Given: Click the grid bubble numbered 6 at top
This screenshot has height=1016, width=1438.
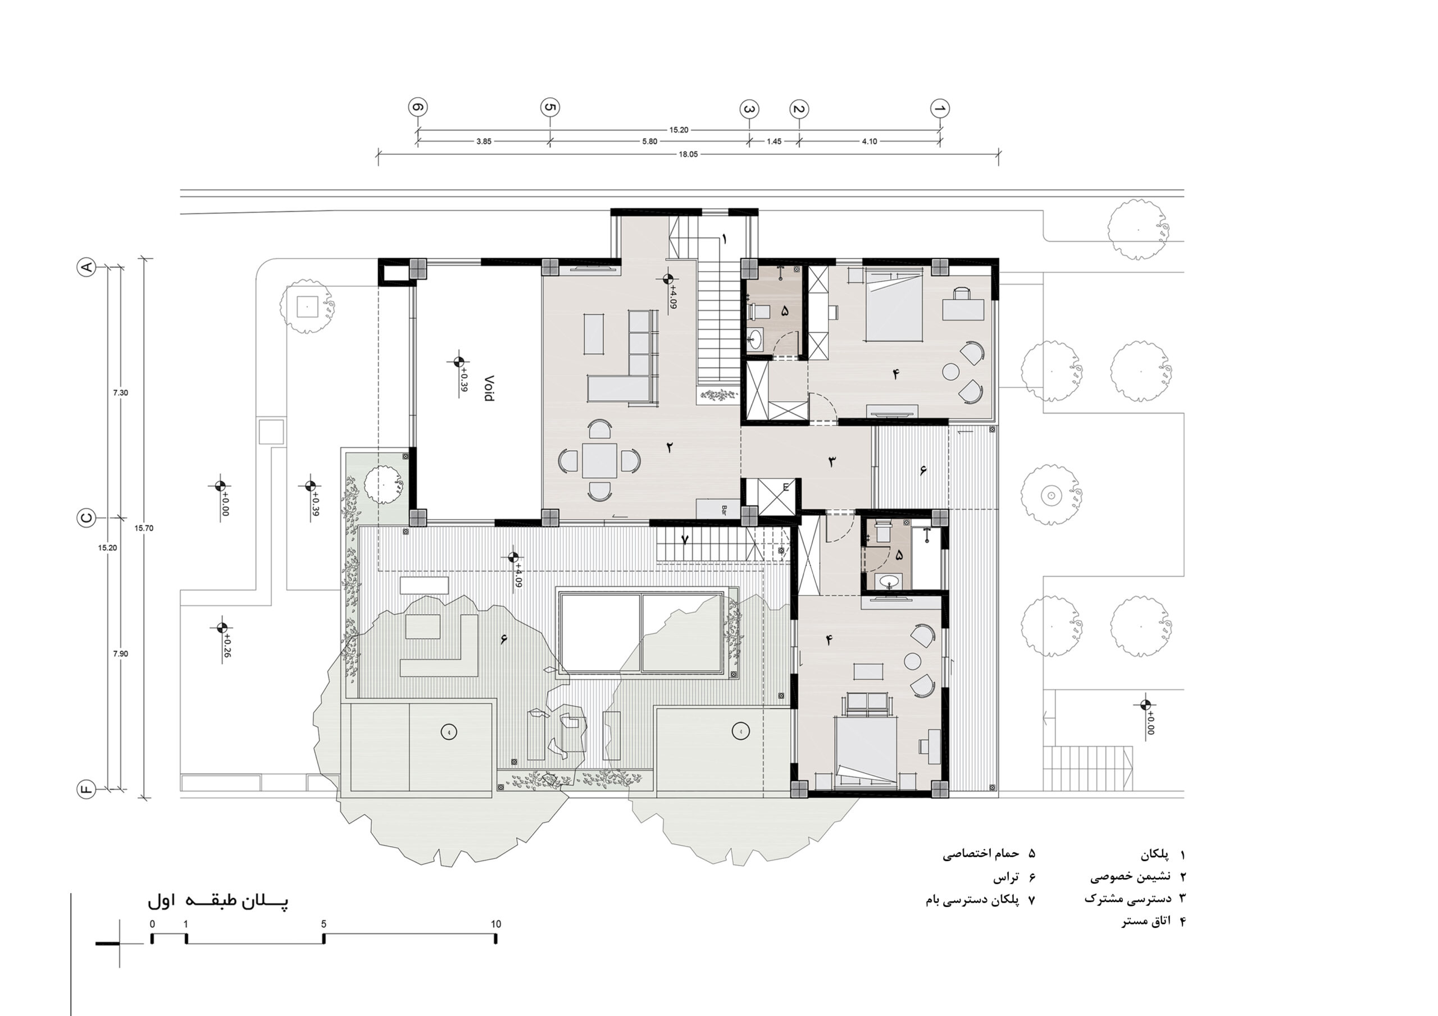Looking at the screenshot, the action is point(418,108).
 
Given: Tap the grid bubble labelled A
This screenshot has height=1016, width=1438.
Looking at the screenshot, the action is point(86,267).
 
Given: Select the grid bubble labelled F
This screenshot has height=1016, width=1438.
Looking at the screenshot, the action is point(86,789).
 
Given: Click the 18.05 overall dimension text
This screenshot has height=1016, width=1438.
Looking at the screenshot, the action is point(688,154).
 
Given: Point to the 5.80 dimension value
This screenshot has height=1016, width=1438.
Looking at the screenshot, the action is point(649,141).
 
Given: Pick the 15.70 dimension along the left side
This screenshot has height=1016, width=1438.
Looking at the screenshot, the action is point(143,528).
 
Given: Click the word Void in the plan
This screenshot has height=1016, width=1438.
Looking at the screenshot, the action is point(489,388).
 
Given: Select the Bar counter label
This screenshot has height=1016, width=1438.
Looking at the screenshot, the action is point(724,510).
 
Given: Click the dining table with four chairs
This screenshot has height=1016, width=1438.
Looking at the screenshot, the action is point(599,462).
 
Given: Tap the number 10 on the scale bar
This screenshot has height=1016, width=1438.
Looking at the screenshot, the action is point(496,924).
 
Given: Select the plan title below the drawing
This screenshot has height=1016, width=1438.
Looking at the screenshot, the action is point(218,901).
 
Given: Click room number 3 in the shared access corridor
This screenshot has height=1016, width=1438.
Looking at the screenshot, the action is point(832,461).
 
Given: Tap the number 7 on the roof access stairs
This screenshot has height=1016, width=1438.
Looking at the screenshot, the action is point(685,539).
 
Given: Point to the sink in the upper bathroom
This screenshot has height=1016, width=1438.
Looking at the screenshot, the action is point(755,340).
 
